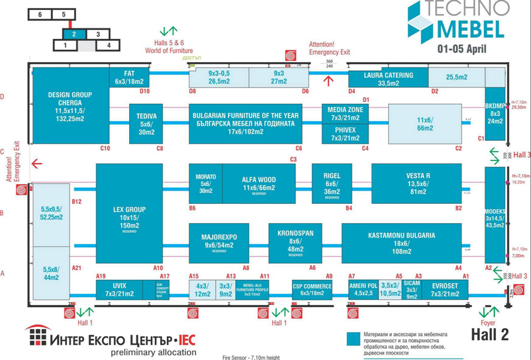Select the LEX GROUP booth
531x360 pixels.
129,214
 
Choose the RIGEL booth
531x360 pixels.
332,183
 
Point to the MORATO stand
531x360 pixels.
205,183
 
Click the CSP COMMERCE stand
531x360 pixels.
312,290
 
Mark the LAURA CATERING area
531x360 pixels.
387,79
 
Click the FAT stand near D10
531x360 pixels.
129,77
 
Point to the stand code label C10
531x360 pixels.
105,148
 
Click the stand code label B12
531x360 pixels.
77,201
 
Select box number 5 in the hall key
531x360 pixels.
64,14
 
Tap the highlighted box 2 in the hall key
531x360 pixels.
74,34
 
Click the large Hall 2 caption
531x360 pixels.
490,335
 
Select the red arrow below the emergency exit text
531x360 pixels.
328,81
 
